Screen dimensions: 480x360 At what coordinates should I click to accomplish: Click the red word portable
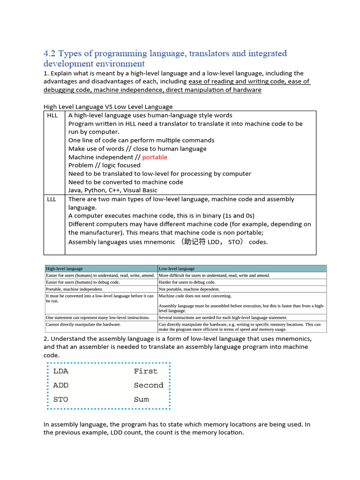pyautogui.click(x=154, y=157)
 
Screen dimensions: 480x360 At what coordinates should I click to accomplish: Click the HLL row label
pyautogui.click(x=52, y=115)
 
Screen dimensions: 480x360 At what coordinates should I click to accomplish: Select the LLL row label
pyautogui.click(x=52, y=199)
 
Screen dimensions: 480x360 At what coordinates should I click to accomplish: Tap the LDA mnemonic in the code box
pyautogui.click(x=61, y=371)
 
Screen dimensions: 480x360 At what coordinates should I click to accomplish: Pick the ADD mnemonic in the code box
pyautogui.click(x=61, y=385)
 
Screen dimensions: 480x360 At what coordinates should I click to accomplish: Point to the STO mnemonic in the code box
pyautogui.click(x=61, y=399)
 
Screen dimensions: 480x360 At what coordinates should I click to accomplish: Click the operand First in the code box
pyautogui.click(x=145, y=371)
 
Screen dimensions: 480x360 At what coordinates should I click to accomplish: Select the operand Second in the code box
pyautogui.click(x=149, y=385)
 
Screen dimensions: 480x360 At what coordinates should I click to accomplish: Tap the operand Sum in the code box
pyautogui.click(x=141, y=399)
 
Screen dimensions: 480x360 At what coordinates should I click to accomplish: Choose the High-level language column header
pyautogui.click(x=64, y=269)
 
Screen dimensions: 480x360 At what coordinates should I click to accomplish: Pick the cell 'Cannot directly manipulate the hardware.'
pyautogui.click(x=83, y=324)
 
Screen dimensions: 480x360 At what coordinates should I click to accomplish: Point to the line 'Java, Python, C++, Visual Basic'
pyautogui.click(x=112, y=190)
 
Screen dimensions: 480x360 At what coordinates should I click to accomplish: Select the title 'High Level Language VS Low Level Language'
pyautogui.click(x=108, y=107)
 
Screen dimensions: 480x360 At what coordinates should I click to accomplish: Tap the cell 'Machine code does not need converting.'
pyautogui.click(x=195, y=296)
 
